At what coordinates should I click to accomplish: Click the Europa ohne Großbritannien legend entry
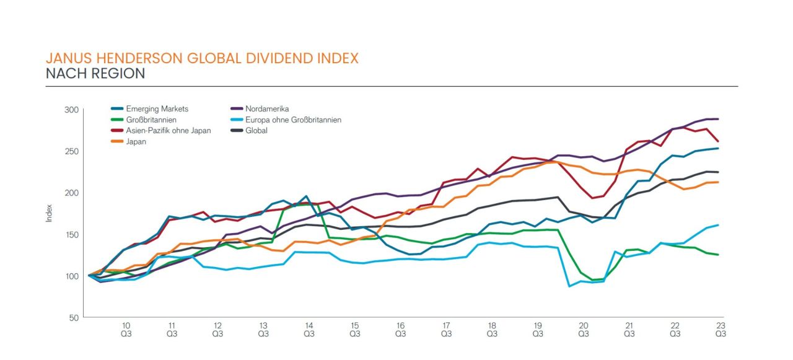click(x=293, y=120)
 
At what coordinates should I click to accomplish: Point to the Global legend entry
click(x=256, y=131)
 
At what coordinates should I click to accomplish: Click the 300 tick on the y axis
click(x=71, y=110)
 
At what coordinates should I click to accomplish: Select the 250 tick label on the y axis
click(x=71, y=151)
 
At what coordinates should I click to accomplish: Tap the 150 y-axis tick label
click(x=71, y=234)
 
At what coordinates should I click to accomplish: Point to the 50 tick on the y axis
click(x=74, y=317)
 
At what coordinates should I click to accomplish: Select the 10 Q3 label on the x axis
click(x=126, y=329)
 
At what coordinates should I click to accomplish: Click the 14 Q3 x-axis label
click(x=309, y=329)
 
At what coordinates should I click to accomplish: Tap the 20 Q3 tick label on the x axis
click(x=583, y=329)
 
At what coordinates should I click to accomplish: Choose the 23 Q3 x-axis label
click(x=721, y=329)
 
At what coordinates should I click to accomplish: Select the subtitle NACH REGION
click(x=95, y=74)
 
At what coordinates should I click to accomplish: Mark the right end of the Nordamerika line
click(x=718, y=119)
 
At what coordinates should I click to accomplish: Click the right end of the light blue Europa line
click(x=718, y=225)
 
